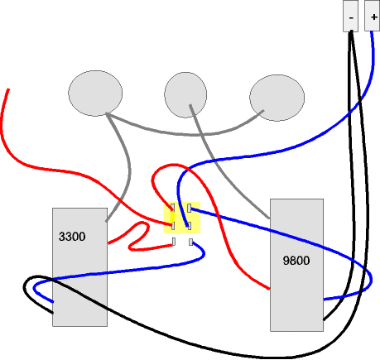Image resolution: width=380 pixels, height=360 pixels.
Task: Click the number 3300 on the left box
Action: (x=72, y=237)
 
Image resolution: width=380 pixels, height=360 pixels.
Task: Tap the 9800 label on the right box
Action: (x=296, y=261)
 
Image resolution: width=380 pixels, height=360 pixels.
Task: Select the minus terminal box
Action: (x=350, y=16)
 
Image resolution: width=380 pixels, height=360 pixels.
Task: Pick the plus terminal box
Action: (x=373, y=16)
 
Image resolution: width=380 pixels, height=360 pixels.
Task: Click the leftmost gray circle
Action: (x=95, y=94)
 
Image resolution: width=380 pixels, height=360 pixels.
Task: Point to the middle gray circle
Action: (x=185, y=95)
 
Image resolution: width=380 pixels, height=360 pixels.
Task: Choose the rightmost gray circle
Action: (x=277, y=98)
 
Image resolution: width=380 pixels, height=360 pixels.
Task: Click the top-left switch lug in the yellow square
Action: (x=173, y=208)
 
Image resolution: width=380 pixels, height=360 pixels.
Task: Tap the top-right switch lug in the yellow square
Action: (x=190, y=208)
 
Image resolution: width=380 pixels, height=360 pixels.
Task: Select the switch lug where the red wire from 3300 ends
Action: (x=174, y=242)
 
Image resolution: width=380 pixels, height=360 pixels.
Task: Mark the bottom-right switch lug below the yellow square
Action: (x=190, y=242)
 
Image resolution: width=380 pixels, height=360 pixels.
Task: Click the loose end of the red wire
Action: (x=8, y=89)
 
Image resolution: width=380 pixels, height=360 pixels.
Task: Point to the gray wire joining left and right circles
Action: (x=193, y=135)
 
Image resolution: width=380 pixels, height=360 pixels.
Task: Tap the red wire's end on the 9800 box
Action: (x=269, y=289)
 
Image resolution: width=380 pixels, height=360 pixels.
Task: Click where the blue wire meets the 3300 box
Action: (x=53, y=302)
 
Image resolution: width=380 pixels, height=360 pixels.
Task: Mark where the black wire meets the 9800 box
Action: (x=324, y=320)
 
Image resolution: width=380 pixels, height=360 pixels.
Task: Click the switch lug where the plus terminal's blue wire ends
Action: (x=190, y=226)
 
